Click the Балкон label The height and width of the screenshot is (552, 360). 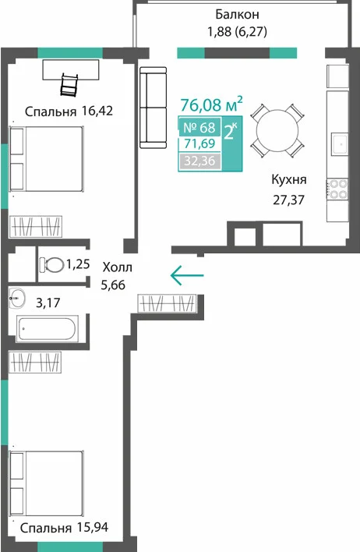pyautogui.click(x=237, y=15)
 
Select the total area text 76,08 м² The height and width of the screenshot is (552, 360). pyautogui.click(x=211, y=104)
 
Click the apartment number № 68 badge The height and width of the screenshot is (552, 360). pyautogui.click(x=199, y=127)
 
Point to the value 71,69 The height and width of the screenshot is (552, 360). pyautogui.click(x=199, y=144)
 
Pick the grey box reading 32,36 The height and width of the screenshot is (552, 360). pyautogui.click(x=199, y=161)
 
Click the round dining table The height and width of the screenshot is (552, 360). pyautogui.click(x=277, y=131)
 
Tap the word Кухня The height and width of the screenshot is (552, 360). pyautogui.click(x=289, y=179)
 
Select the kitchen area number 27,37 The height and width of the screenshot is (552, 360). pyautogui.click(x=288, y=200)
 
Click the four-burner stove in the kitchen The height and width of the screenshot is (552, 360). pyautogui.click(x=337, y=189)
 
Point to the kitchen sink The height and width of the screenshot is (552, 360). pyautogui.click(x=341, y=143)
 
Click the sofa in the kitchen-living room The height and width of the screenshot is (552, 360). pyautogui.click(x=153, y=108)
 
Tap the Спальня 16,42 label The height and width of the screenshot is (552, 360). pyautogui.click(x=69, y=111)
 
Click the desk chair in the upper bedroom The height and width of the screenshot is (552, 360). pyautogui.click(x=69, y=85)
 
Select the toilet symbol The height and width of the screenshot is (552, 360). pyautogui.click(x=51, y=264)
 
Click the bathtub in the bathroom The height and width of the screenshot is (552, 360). pyautogui.click(x=47, y=329)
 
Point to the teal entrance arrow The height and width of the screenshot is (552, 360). pyautogui.click(x=187, y=275)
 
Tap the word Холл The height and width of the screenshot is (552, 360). pyautogui.click(x=117, y=267)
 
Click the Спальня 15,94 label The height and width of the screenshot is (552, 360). pyautogui.click(x=64, y=527)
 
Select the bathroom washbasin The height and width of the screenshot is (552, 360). pyautogui.click(x=17, y=298)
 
